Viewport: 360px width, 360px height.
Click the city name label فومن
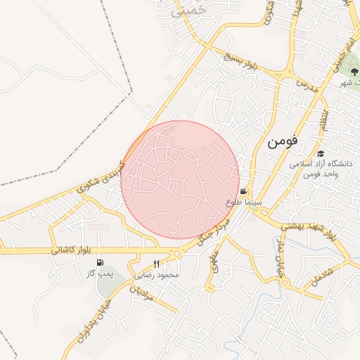click(283, 141)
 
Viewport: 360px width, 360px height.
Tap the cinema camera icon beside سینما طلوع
click(243, 191)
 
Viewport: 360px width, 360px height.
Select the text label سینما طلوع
click(244, 202)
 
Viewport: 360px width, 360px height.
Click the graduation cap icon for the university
click(321, 154)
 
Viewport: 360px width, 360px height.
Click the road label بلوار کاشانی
click(72, 250)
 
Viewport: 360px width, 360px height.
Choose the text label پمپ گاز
click(92, 271)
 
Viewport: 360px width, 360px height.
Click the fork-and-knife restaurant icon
click(166, 263)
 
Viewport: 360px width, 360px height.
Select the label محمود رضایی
click(157, 274)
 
